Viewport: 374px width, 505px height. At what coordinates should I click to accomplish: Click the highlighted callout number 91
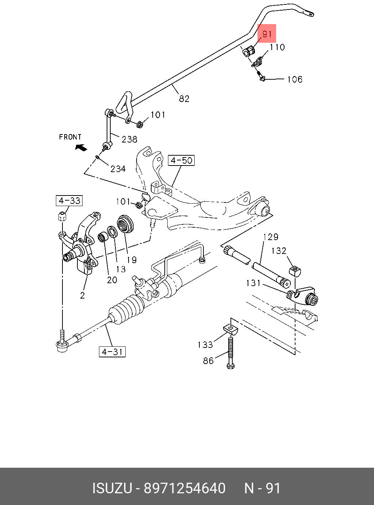click(x=267, y=34)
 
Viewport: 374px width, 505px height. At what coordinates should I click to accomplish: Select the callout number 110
click(x=277, y=47)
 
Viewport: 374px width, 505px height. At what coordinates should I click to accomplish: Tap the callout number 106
click(x=294, y=79)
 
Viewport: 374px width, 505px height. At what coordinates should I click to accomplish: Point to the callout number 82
click(x=184, y=99)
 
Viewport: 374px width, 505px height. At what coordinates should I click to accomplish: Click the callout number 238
click(x=129, y=139)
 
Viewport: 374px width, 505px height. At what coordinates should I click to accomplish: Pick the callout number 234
click(x=118, y=168)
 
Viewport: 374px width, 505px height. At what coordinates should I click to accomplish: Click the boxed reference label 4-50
click(x=182, y=160)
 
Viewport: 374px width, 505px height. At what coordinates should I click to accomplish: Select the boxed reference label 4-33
click(x=69, y=201)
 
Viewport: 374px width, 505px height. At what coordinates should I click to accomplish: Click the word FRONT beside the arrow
click(x=70, y=137)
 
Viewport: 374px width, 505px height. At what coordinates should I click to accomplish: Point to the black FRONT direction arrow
click(x=81, y=147)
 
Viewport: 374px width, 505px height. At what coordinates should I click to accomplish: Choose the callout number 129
click(x=271, y=237)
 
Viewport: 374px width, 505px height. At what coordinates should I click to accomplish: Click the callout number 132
click(x=279, y=251)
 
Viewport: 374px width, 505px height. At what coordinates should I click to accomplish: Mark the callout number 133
click(x=205, y=344)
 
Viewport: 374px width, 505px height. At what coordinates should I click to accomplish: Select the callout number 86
click(x=208, y=361)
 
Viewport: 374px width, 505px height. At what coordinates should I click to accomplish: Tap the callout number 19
click(x=131, y=259)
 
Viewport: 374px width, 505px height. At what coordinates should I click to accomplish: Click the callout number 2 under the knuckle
click(x=82, y=295)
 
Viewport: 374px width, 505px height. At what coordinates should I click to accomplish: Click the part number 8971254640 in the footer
click(x=185, y=488)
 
